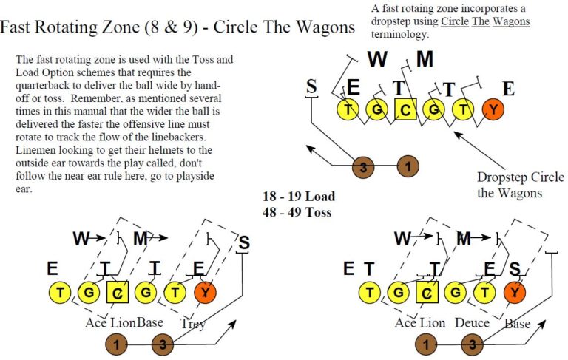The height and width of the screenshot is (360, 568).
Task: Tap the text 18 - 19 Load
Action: click(299, 197)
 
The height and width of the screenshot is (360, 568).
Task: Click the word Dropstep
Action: click(504, 177)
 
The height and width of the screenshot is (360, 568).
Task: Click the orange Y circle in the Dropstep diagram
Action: click(493, 110)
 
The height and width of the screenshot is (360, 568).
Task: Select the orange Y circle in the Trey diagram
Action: click(206, 293)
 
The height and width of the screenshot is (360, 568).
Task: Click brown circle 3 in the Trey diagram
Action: click(163, 343)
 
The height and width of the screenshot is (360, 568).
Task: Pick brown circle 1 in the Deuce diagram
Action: click(425, 343)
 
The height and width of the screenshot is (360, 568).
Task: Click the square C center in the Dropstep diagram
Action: click(405, 110)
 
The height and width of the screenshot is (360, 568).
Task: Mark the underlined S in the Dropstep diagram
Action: click(311, 87)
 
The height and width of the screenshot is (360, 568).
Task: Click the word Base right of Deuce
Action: click(518, 323)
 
